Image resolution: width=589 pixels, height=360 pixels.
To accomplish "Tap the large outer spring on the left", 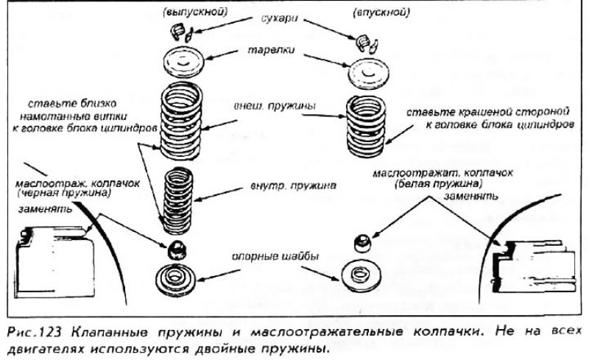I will pyautogui.click(x=182, y=119).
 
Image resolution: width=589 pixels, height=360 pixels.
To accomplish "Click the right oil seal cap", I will pyautogui.click(x=361, y=241).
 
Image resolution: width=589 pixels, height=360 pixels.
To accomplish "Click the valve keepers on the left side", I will pyautogui.click(x=181, y=30).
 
